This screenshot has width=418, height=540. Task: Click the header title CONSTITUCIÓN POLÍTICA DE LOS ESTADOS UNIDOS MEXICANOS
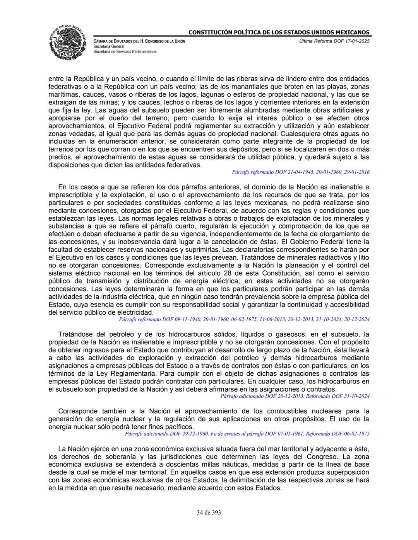(x=279, y=32)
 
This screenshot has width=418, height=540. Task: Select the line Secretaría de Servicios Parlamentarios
(x=125, y=51)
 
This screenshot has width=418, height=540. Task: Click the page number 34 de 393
(x=209, y=513)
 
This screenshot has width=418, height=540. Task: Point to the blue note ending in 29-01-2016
(x=300, y=172)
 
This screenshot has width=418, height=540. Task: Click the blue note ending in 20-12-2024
(x=244, y=319)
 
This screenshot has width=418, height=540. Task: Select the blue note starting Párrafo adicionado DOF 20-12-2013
(x=295, y=396)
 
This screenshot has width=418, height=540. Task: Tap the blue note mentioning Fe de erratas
(x=247, y=434)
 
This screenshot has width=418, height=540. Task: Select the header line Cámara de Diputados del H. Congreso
(x=139, y=41)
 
